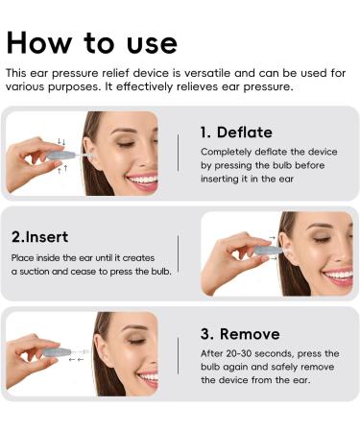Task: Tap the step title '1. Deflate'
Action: click(236, 132)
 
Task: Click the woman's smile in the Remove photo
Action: click(147, 377)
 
